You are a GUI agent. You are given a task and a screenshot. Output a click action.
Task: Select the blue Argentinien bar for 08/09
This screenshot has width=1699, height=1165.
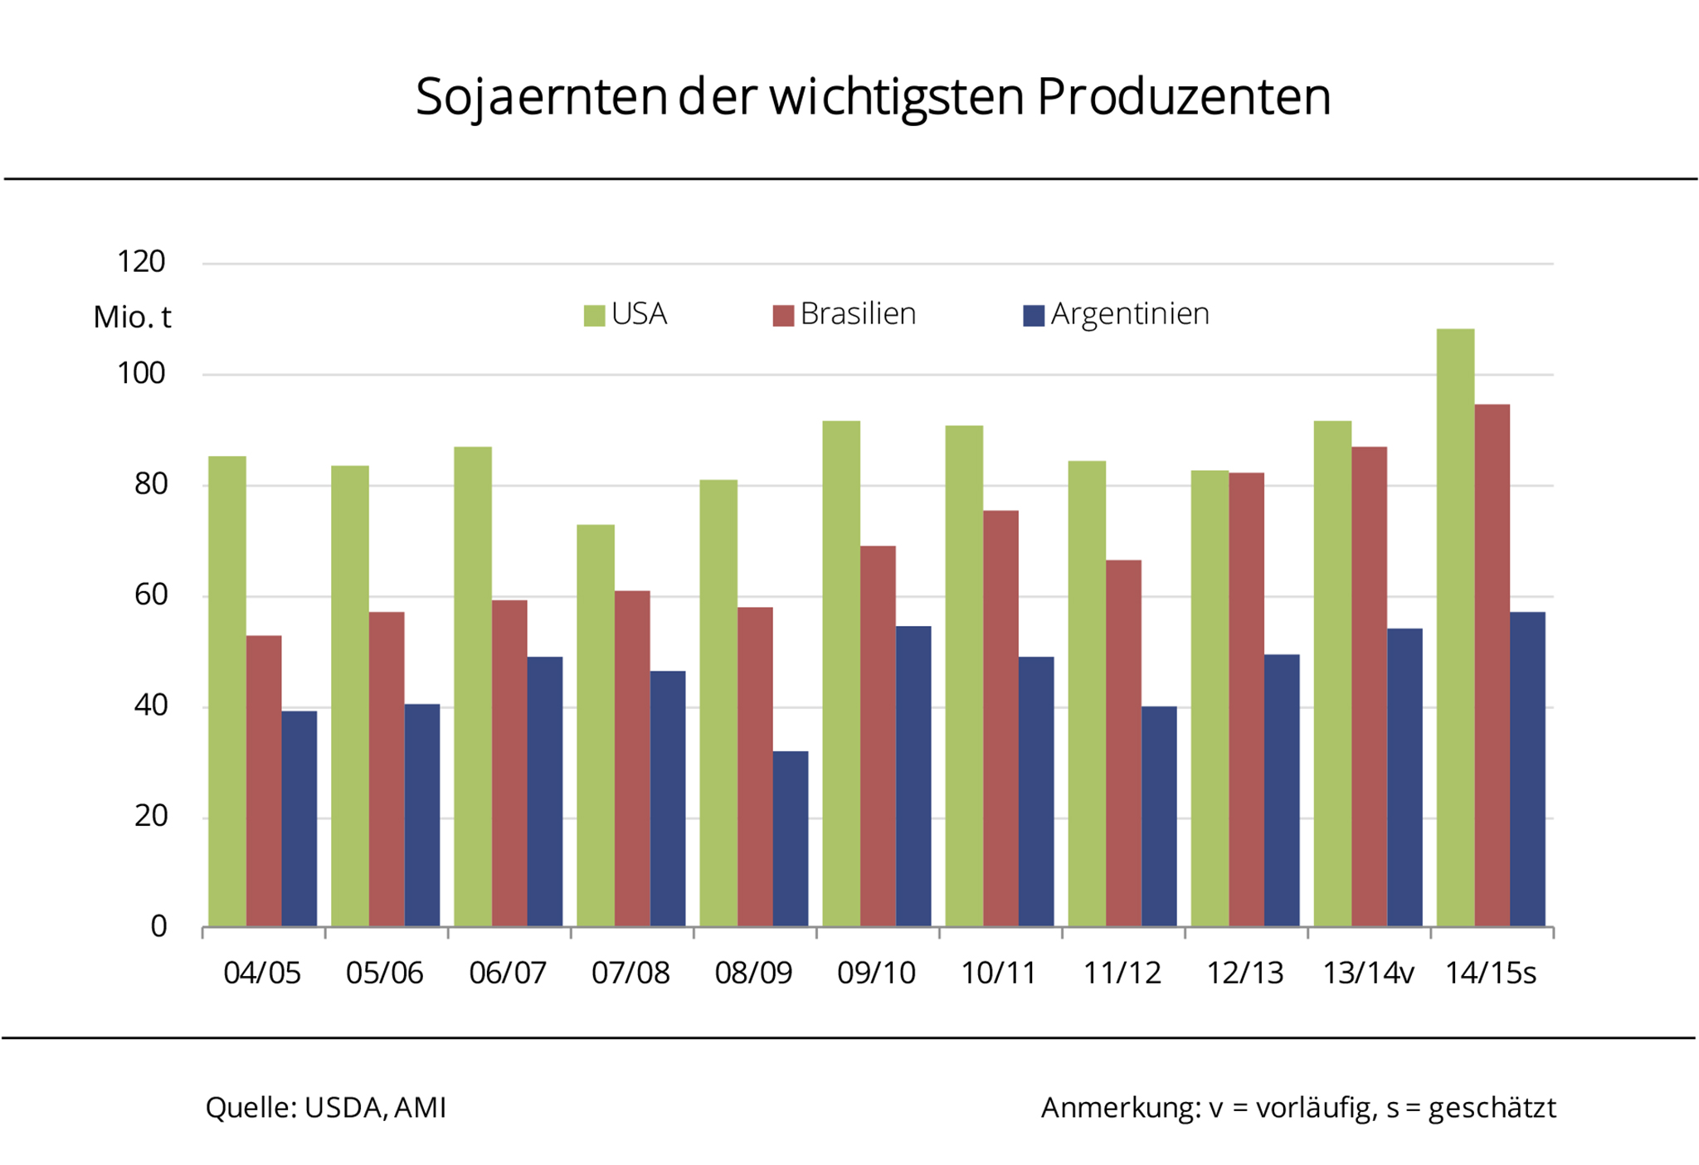791,838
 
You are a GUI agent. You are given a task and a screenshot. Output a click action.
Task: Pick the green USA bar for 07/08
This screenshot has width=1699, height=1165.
596,725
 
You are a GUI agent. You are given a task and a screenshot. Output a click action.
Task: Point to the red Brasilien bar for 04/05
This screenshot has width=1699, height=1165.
264,780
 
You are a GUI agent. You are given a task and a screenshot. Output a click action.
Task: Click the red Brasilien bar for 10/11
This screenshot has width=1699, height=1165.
1000,718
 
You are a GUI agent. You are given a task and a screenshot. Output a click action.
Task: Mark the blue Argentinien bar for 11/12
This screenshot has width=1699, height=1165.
1159,816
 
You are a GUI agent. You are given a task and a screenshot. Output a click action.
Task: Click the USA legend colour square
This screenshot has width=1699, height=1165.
594,315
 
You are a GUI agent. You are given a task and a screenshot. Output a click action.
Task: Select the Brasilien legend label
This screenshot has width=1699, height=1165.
858,314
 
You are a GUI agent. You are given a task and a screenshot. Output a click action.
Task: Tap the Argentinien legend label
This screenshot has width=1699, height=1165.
1130,314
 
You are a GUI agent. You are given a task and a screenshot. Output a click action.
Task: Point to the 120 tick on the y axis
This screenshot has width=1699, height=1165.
141,262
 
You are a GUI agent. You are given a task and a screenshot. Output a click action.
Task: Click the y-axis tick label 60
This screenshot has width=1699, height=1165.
150,595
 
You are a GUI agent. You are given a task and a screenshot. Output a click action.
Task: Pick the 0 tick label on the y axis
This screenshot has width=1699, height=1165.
158,926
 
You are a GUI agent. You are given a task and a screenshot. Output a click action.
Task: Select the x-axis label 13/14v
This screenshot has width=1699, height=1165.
1368,973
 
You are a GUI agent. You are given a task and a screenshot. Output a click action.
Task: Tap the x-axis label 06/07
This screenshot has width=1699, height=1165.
508,973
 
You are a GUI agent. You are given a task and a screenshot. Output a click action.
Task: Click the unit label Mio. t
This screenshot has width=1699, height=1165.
132,317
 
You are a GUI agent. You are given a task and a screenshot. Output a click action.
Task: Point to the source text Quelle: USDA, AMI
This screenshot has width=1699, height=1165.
326,1108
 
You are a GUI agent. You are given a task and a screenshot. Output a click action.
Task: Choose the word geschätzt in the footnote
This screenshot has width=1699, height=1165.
1492,1108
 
